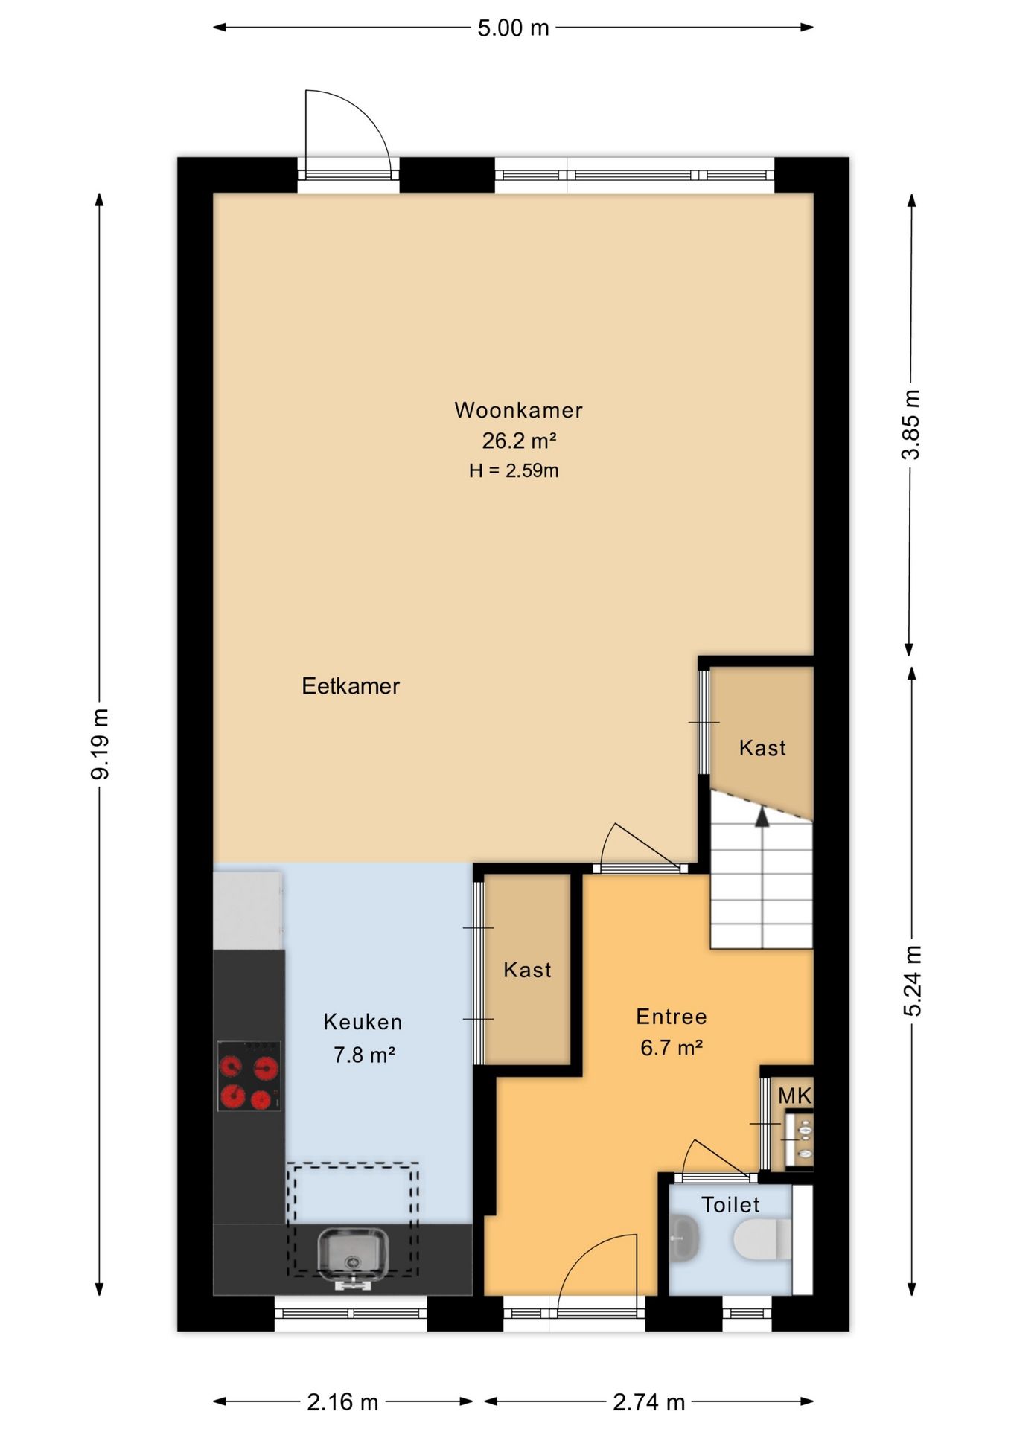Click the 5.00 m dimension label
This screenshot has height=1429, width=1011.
[x=513, y=28]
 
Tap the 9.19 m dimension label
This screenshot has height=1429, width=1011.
[x=100, y=744]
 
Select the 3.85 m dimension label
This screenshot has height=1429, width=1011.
[x=911, y=424]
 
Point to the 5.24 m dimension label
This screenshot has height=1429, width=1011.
[x=912, y=981]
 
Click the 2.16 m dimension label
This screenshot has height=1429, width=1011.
[x=342, y=1402]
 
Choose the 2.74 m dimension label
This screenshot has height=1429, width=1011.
[x=648, y=1402]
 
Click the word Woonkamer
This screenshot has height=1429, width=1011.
[x=519, y=410]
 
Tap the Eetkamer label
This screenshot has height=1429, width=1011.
[x=351, y=685]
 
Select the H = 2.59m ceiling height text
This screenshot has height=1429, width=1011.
[x=514, y=470]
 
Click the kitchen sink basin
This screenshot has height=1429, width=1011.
[x=353, y=1255]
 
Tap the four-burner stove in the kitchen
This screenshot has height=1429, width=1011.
[x=249, y=1075]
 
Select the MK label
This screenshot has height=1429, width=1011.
[x=794, y=1096]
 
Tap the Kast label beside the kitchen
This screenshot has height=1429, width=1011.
[x=527, y=970]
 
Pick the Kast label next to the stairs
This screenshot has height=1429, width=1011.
[x=762, y=748]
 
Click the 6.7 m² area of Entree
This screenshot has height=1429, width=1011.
[x=672, y=1048]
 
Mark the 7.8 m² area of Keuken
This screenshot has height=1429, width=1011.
[x=363, y=1055]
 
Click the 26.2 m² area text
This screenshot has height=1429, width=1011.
[x=519, y=441]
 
